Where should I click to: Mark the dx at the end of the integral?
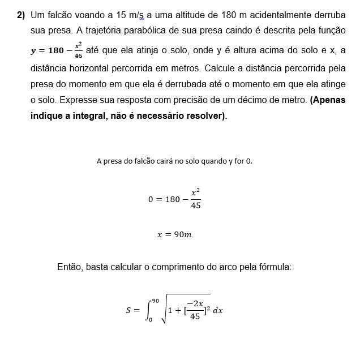218,310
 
